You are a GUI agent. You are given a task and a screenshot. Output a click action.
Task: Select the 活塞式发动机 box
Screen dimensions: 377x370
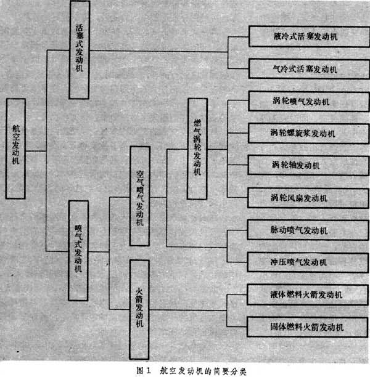(x=80, y=49)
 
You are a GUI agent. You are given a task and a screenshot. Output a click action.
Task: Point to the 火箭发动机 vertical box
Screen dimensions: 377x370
(x=139, y=309)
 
